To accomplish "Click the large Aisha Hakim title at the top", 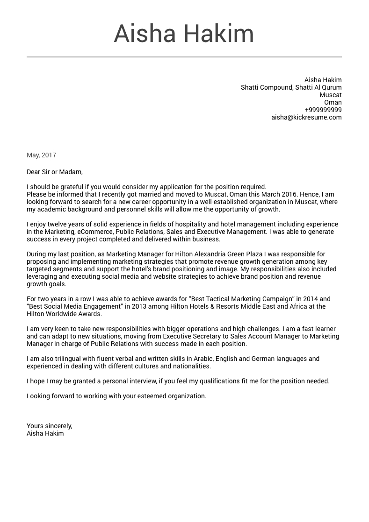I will pos(184,34).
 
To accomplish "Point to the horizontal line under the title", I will pos(184,57).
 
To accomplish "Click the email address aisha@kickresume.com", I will pos(306,117).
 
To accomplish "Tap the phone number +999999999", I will pos(323,110).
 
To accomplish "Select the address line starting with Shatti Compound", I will pos(291,87).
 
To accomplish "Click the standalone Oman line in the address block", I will pos(333,102).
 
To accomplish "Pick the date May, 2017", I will pos(41,155).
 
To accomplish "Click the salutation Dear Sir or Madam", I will pos(54,172).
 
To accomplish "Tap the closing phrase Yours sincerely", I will pos(49,426).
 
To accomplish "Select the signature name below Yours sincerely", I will pos(45,433).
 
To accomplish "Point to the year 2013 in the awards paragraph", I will pos(139,306).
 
